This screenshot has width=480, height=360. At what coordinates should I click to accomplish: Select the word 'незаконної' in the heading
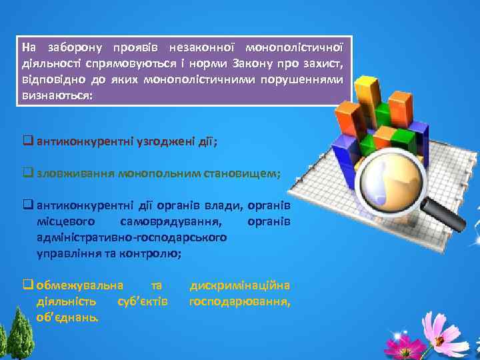pyautogui.click(x=201, y=48)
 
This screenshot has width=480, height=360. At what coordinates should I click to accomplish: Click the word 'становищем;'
pyautogui.click(x=247, y=173)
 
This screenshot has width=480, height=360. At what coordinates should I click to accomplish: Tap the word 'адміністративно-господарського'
pyautogui.click(x=132, y=237)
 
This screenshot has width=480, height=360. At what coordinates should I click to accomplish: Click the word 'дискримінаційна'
pyautogui.click(x=240, y=285)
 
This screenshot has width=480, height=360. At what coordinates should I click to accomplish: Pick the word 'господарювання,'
pyautogui.click(x=240, y=301)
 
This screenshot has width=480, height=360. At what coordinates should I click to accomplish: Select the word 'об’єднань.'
pyautogui.click(x=69, y=317)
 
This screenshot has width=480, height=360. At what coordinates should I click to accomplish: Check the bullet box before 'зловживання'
pyautogui.click(x=29, y=173)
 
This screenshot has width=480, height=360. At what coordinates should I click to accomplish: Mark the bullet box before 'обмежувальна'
pyautogui.click(x=29, y=285)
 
